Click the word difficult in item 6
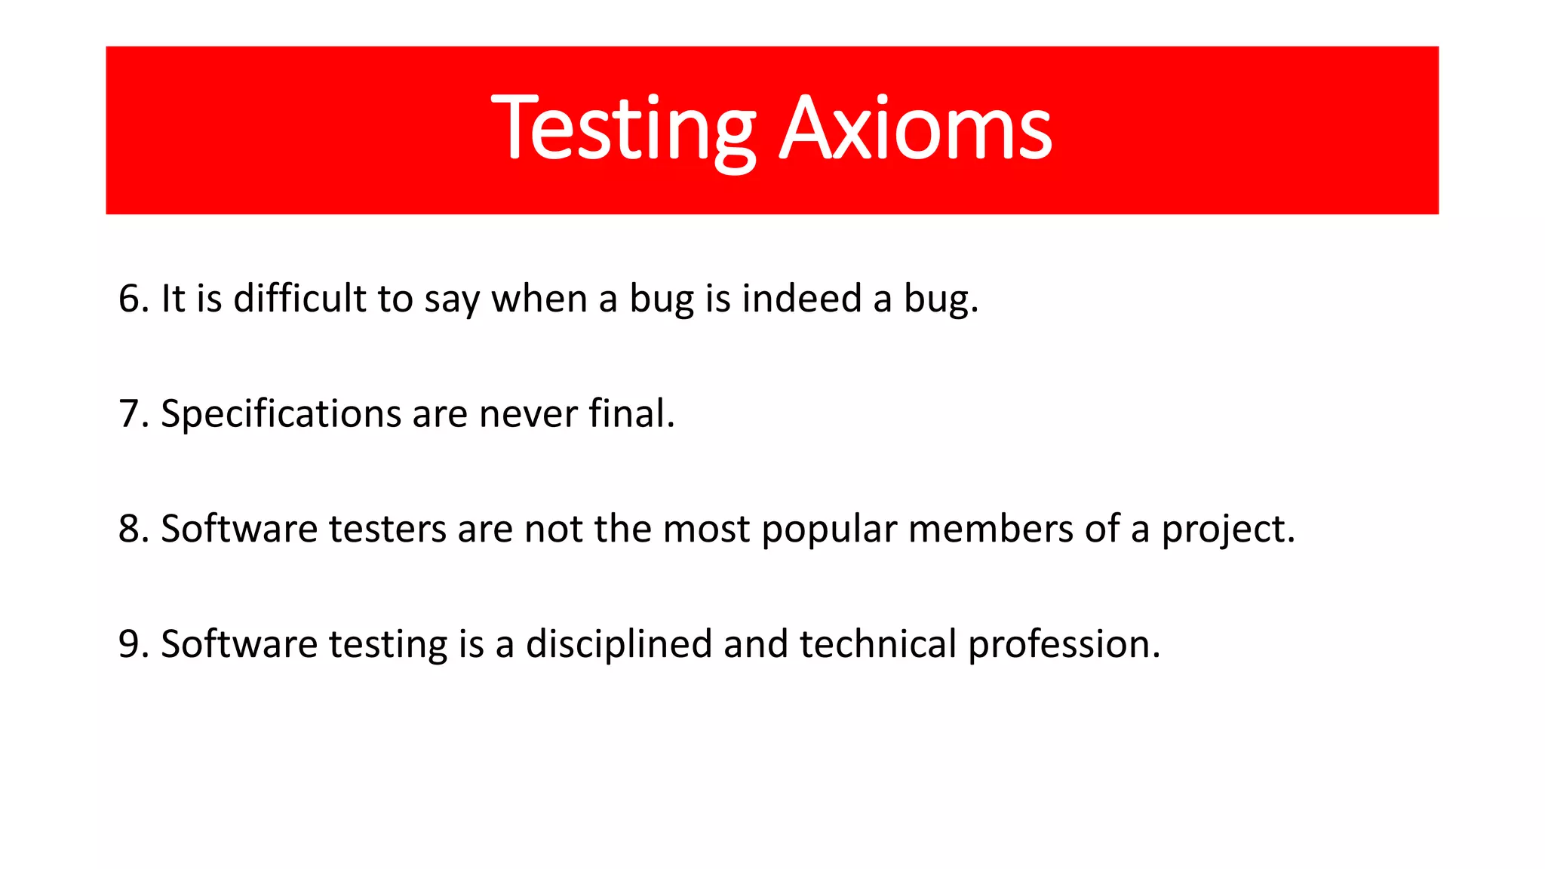299,299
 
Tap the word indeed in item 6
801,299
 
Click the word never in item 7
528,414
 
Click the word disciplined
619,644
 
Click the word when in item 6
539,299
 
